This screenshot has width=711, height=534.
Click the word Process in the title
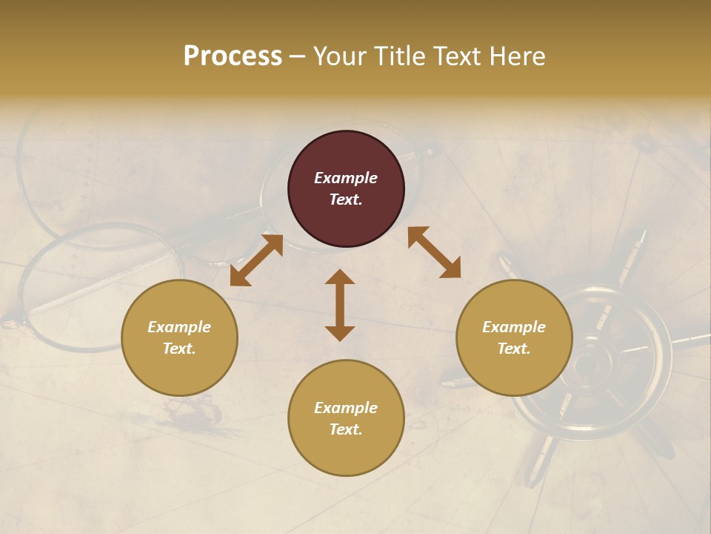pos(233,56)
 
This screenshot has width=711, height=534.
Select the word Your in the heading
pos(336,56)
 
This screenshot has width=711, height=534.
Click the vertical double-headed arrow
pos(340,305)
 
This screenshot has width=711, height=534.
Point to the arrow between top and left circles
pos(256,260)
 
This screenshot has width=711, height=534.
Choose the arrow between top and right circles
pos(434,252)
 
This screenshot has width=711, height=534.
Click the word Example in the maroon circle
pos(346,178)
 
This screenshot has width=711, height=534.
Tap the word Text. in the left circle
pos(179,349)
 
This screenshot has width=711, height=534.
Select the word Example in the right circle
pos(514,327)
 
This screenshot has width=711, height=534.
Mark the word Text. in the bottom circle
pos(346,429)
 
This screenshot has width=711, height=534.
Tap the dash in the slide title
pos(297,56)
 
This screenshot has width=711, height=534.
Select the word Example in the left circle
pos(179,327)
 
